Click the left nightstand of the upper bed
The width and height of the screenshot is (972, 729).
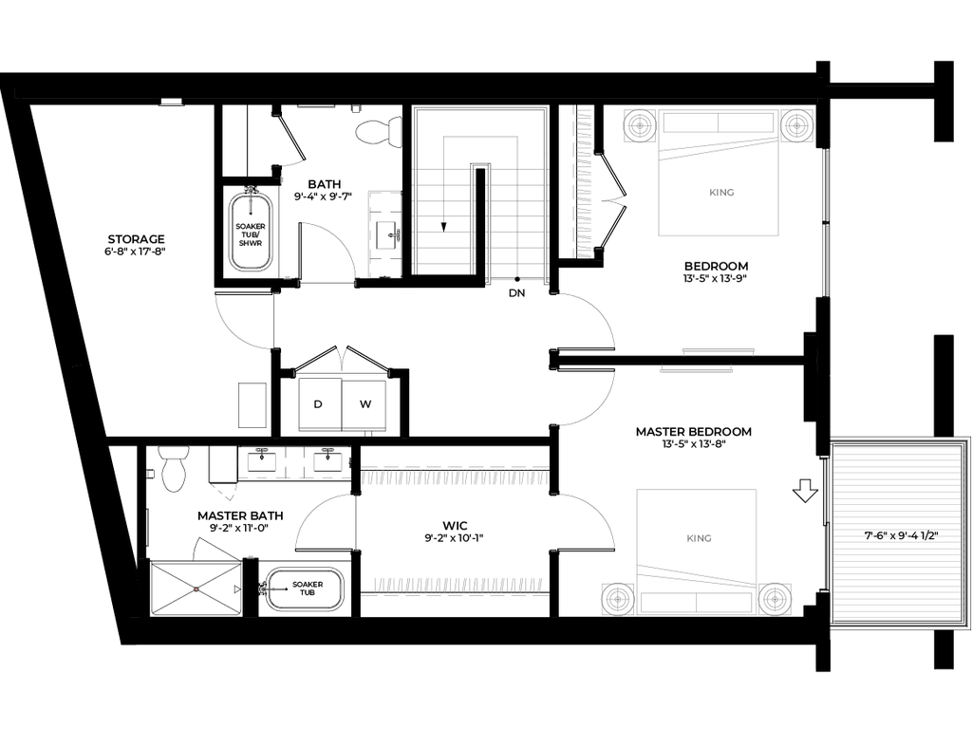(x=639, y=125)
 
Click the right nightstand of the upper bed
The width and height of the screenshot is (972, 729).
(x=796, y=125)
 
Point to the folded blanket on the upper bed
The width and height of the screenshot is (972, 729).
(x=719, y=148)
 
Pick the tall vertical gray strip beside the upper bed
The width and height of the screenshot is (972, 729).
(x=585, y=182)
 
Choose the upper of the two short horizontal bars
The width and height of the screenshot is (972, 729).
(x=718, y=350)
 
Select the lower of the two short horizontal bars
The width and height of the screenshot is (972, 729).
(x=697, y=370)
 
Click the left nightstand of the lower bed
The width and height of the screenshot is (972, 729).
(x=617, y=599)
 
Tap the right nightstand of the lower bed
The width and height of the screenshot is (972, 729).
(x=776, y=599)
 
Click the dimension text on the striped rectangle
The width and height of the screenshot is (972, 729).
(x=900, y=536)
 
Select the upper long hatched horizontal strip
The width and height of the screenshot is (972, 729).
(x=454, y=478)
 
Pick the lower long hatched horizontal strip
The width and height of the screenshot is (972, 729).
(x=458, y=584)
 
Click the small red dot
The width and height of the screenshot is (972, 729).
(x=196, y=589)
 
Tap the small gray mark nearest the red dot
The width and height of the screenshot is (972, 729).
(x=251, y=556)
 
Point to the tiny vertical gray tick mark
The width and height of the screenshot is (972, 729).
(x=283, y=179)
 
